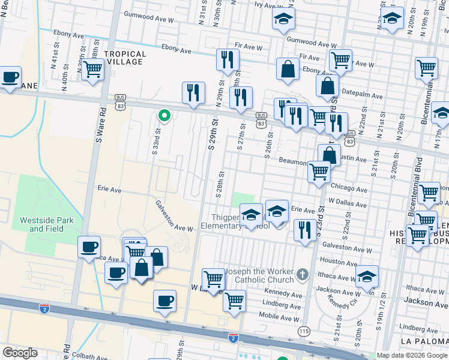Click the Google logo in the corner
(20, 353)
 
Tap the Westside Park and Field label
(47, 224)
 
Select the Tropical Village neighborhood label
(124, 58)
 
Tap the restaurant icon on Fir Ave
(227, 59)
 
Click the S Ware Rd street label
(103, 122)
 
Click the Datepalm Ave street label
(363, 95)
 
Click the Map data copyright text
(412, 356)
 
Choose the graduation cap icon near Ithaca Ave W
(367, 277)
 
